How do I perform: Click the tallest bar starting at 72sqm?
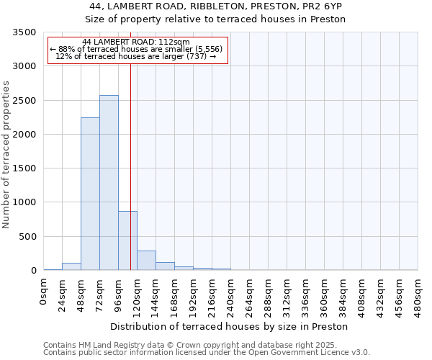[109, 183]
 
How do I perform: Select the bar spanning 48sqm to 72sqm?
[90, 194]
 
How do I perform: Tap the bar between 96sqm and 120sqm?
[127, 240]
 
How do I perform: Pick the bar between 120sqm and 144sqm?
[146, 261]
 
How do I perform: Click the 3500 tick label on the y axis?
[24, 32]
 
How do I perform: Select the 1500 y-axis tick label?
[24, 168]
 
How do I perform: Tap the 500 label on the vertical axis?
[27, 236]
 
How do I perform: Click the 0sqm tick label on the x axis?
[44, 292]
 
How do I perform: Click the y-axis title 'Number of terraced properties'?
[6, 154]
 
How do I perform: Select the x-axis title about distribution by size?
[231, 326]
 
